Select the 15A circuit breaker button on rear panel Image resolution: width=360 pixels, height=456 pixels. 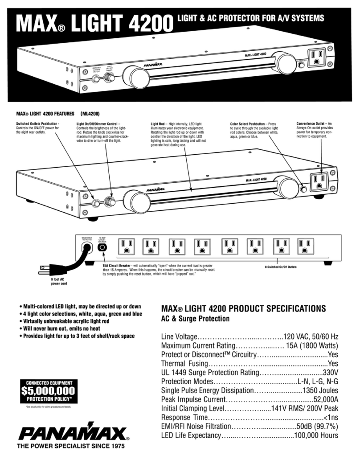pos(103,246)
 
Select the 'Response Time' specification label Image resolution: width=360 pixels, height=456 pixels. pos(184,418)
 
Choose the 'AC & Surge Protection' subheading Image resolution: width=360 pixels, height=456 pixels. pos(195,319)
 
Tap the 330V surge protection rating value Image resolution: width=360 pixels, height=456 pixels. pos(331,372)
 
